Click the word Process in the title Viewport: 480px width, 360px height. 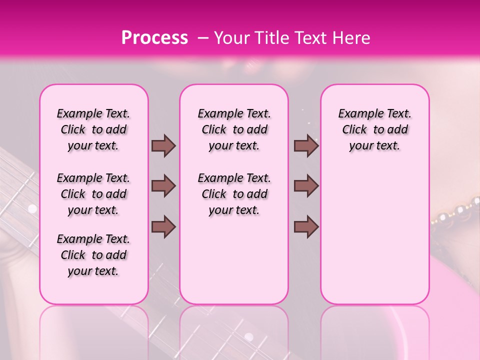tap(154, 38)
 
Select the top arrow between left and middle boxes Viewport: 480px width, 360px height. tap(163, 145)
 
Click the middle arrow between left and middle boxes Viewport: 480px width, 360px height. tap(163, 186)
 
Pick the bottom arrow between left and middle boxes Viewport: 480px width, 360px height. tap(163, 226)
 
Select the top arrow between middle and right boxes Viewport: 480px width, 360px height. tap(306, 145)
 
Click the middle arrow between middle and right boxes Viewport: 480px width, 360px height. tap(306, 186)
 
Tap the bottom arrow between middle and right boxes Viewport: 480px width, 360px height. tap(306, 226)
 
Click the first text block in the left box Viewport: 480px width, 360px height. tap(93, 129)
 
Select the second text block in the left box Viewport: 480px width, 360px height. tap(93, 194)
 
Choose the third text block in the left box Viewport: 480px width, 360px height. tap(93, 255)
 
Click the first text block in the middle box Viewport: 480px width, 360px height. tap(234, 129)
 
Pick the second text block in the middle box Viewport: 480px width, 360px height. tap(234, 194)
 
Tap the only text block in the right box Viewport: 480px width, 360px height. tap(374, 129)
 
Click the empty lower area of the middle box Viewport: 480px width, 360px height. tap(234, 260)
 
